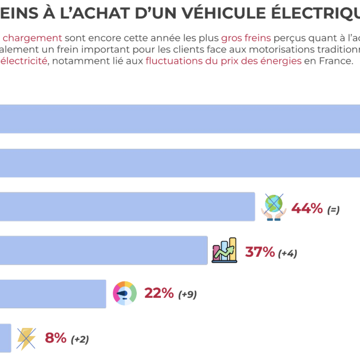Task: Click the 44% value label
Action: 307,208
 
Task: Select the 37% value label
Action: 260,252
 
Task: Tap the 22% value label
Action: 158,293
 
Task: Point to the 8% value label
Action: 56,338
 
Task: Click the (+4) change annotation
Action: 287,254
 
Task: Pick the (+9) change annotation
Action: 187,295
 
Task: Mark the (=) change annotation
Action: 333,209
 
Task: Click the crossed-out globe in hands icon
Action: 273,207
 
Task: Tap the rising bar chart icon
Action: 224,251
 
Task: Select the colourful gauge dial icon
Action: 125,293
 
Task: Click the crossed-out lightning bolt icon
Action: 26,338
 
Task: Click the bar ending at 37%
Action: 104,250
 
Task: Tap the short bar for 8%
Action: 5,338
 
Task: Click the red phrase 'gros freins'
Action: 245,38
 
